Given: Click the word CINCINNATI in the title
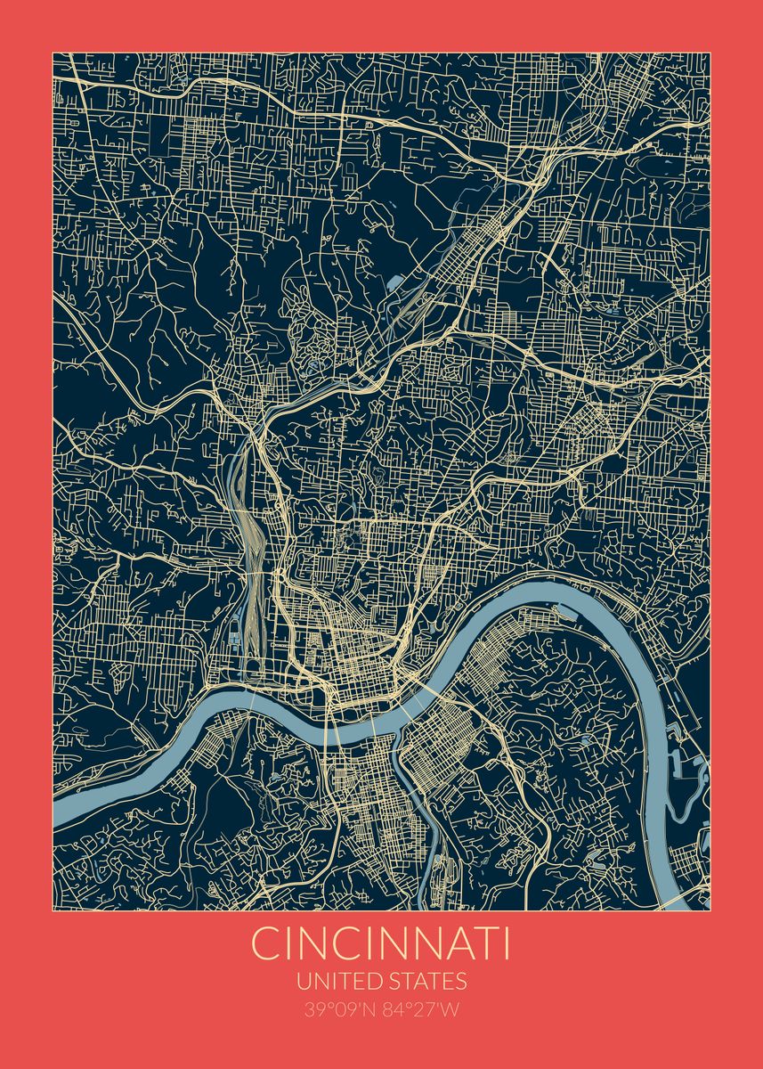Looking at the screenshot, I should click(x=381, y=944).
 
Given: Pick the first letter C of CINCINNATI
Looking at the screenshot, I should click(x=265, y=944).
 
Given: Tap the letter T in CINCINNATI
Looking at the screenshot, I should click(x=483, y=944).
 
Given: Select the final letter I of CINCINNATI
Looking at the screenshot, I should click(x=506, y=944).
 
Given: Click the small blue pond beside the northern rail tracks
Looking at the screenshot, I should click(x=393, y=282).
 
